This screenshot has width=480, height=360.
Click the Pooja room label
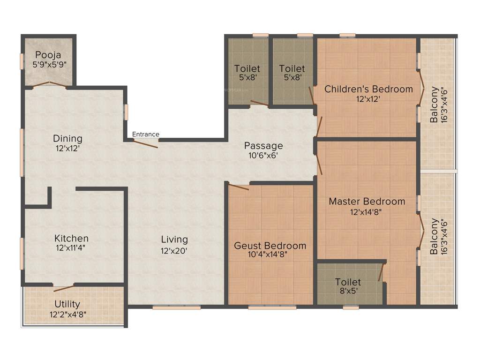click(x=48, y=54)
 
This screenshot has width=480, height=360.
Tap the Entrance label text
click(x=145, y=135)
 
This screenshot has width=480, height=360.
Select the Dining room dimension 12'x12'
click(x=67, y=149)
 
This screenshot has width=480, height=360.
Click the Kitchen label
click(x=71, y=238)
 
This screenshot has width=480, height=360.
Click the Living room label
click(x=174, y=239)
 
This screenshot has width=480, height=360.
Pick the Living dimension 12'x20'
click(x=174, y=251)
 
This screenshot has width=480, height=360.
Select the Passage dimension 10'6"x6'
click(x=263, y=156)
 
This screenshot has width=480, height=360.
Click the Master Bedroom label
click(x=367, y=201)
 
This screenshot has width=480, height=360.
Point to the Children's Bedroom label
click(x=368, y=89)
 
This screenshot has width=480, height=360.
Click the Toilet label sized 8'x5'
click(x=348, y=282)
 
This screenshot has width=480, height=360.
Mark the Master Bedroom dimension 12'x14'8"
click(x=367, y=212)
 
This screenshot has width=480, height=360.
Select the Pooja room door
click(x=49, y=84)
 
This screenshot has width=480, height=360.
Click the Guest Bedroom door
click(x=239, y=187)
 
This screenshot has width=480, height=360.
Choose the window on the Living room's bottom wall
click(x=176, y=307)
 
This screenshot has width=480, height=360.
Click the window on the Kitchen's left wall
click(x=22, y=253)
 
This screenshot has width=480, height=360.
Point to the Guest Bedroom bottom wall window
click(x=272, y=307)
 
